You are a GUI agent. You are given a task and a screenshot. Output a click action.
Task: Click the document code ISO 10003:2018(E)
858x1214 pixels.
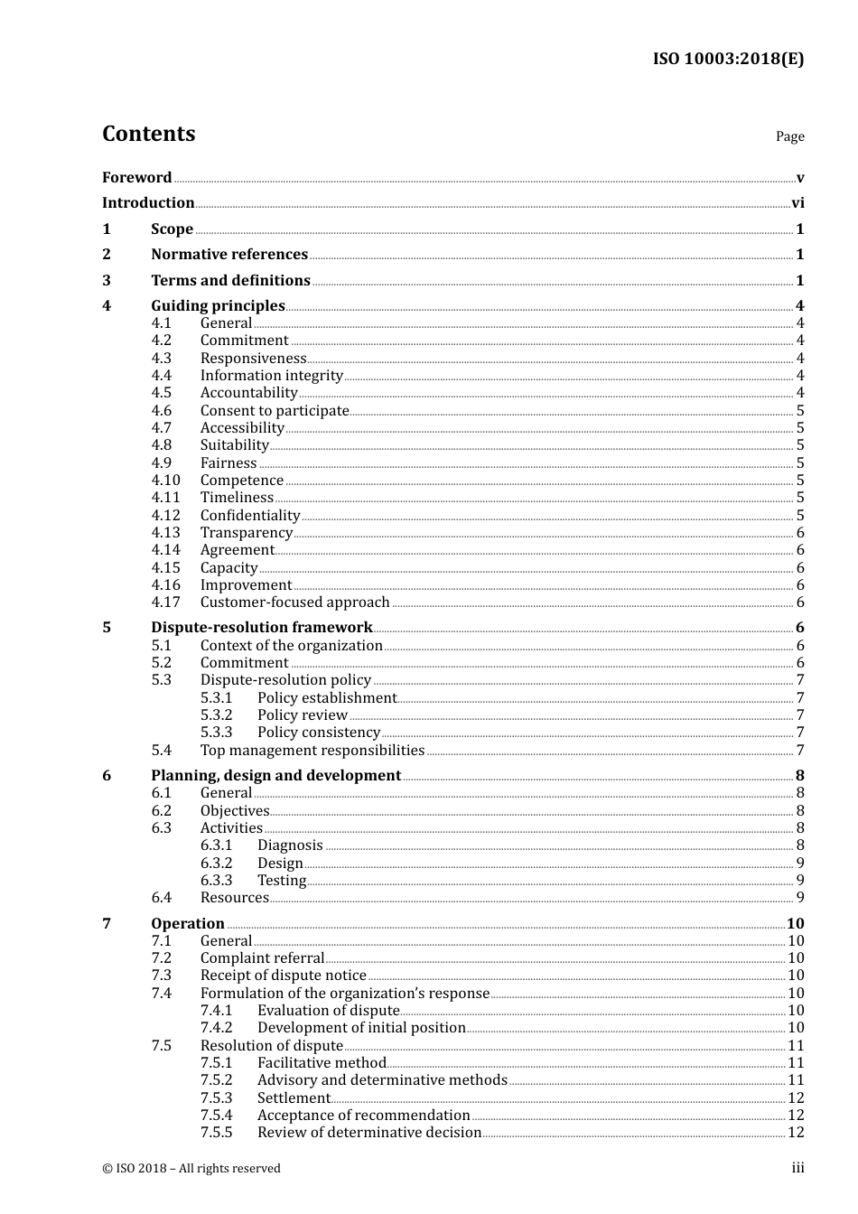[x=728, y=59]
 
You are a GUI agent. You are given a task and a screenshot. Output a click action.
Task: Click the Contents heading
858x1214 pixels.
[x=148, y=134]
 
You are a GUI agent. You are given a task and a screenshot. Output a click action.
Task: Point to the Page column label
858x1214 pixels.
[x=789, y=136]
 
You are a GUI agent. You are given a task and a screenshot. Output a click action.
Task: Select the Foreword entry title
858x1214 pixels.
[x=136, y=177]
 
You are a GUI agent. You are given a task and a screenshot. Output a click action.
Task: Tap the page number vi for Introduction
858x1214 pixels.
[x=797, y=203]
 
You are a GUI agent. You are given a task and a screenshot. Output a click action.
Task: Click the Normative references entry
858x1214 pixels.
[x=229, y=255]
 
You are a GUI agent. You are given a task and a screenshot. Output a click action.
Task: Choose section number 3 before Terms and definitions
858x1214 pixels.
[x=107, y=281]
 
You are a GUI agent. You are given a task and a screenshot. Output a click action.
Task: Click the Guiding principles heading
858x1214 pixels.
[x=218, y=306]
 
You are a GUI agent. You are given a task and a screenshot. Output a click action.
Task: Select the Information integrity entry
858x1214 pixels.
[x=271, y=376]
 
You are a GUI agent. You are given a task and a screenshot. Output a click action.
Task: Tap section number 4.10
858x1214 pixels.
[x=165, y=481]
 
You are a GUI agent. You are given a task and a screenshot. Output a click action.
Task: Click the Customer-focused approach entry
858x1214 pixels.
[x=294, y=602]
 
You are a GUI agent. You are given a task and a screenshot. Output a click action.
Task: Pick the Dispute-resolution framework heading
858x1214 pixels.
[x=261, y=628]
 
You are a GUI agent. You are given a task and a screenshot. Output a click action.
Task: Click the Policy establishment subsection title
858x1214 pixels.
[x=326, y=698]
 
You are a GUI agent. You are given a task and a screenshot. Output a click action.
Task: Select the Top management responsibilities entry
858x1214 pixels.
[x=312, y=751]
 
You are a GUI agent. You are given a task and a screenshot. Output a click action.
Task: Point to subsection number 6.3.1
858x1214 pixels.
[x=216, y=845]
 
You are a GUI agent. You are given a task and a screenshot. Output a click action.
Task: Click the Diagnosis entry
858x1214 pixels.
[x=290, y=845]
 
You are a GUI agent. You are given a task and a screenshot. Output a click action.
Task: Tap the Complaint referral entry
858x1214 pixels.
[x=262, y=958]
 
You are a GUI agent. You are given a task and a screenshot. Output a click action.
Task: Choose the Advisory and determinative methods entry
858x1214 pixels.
[x=382, y=1080]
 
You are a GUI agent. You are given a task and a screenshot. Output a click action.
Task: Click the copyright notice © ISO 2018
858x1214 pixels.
[x=191, y=1168]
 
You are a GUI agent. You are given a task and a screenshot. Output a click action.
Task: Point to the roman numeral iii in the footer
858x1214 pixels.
[x=797, y=1168]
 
